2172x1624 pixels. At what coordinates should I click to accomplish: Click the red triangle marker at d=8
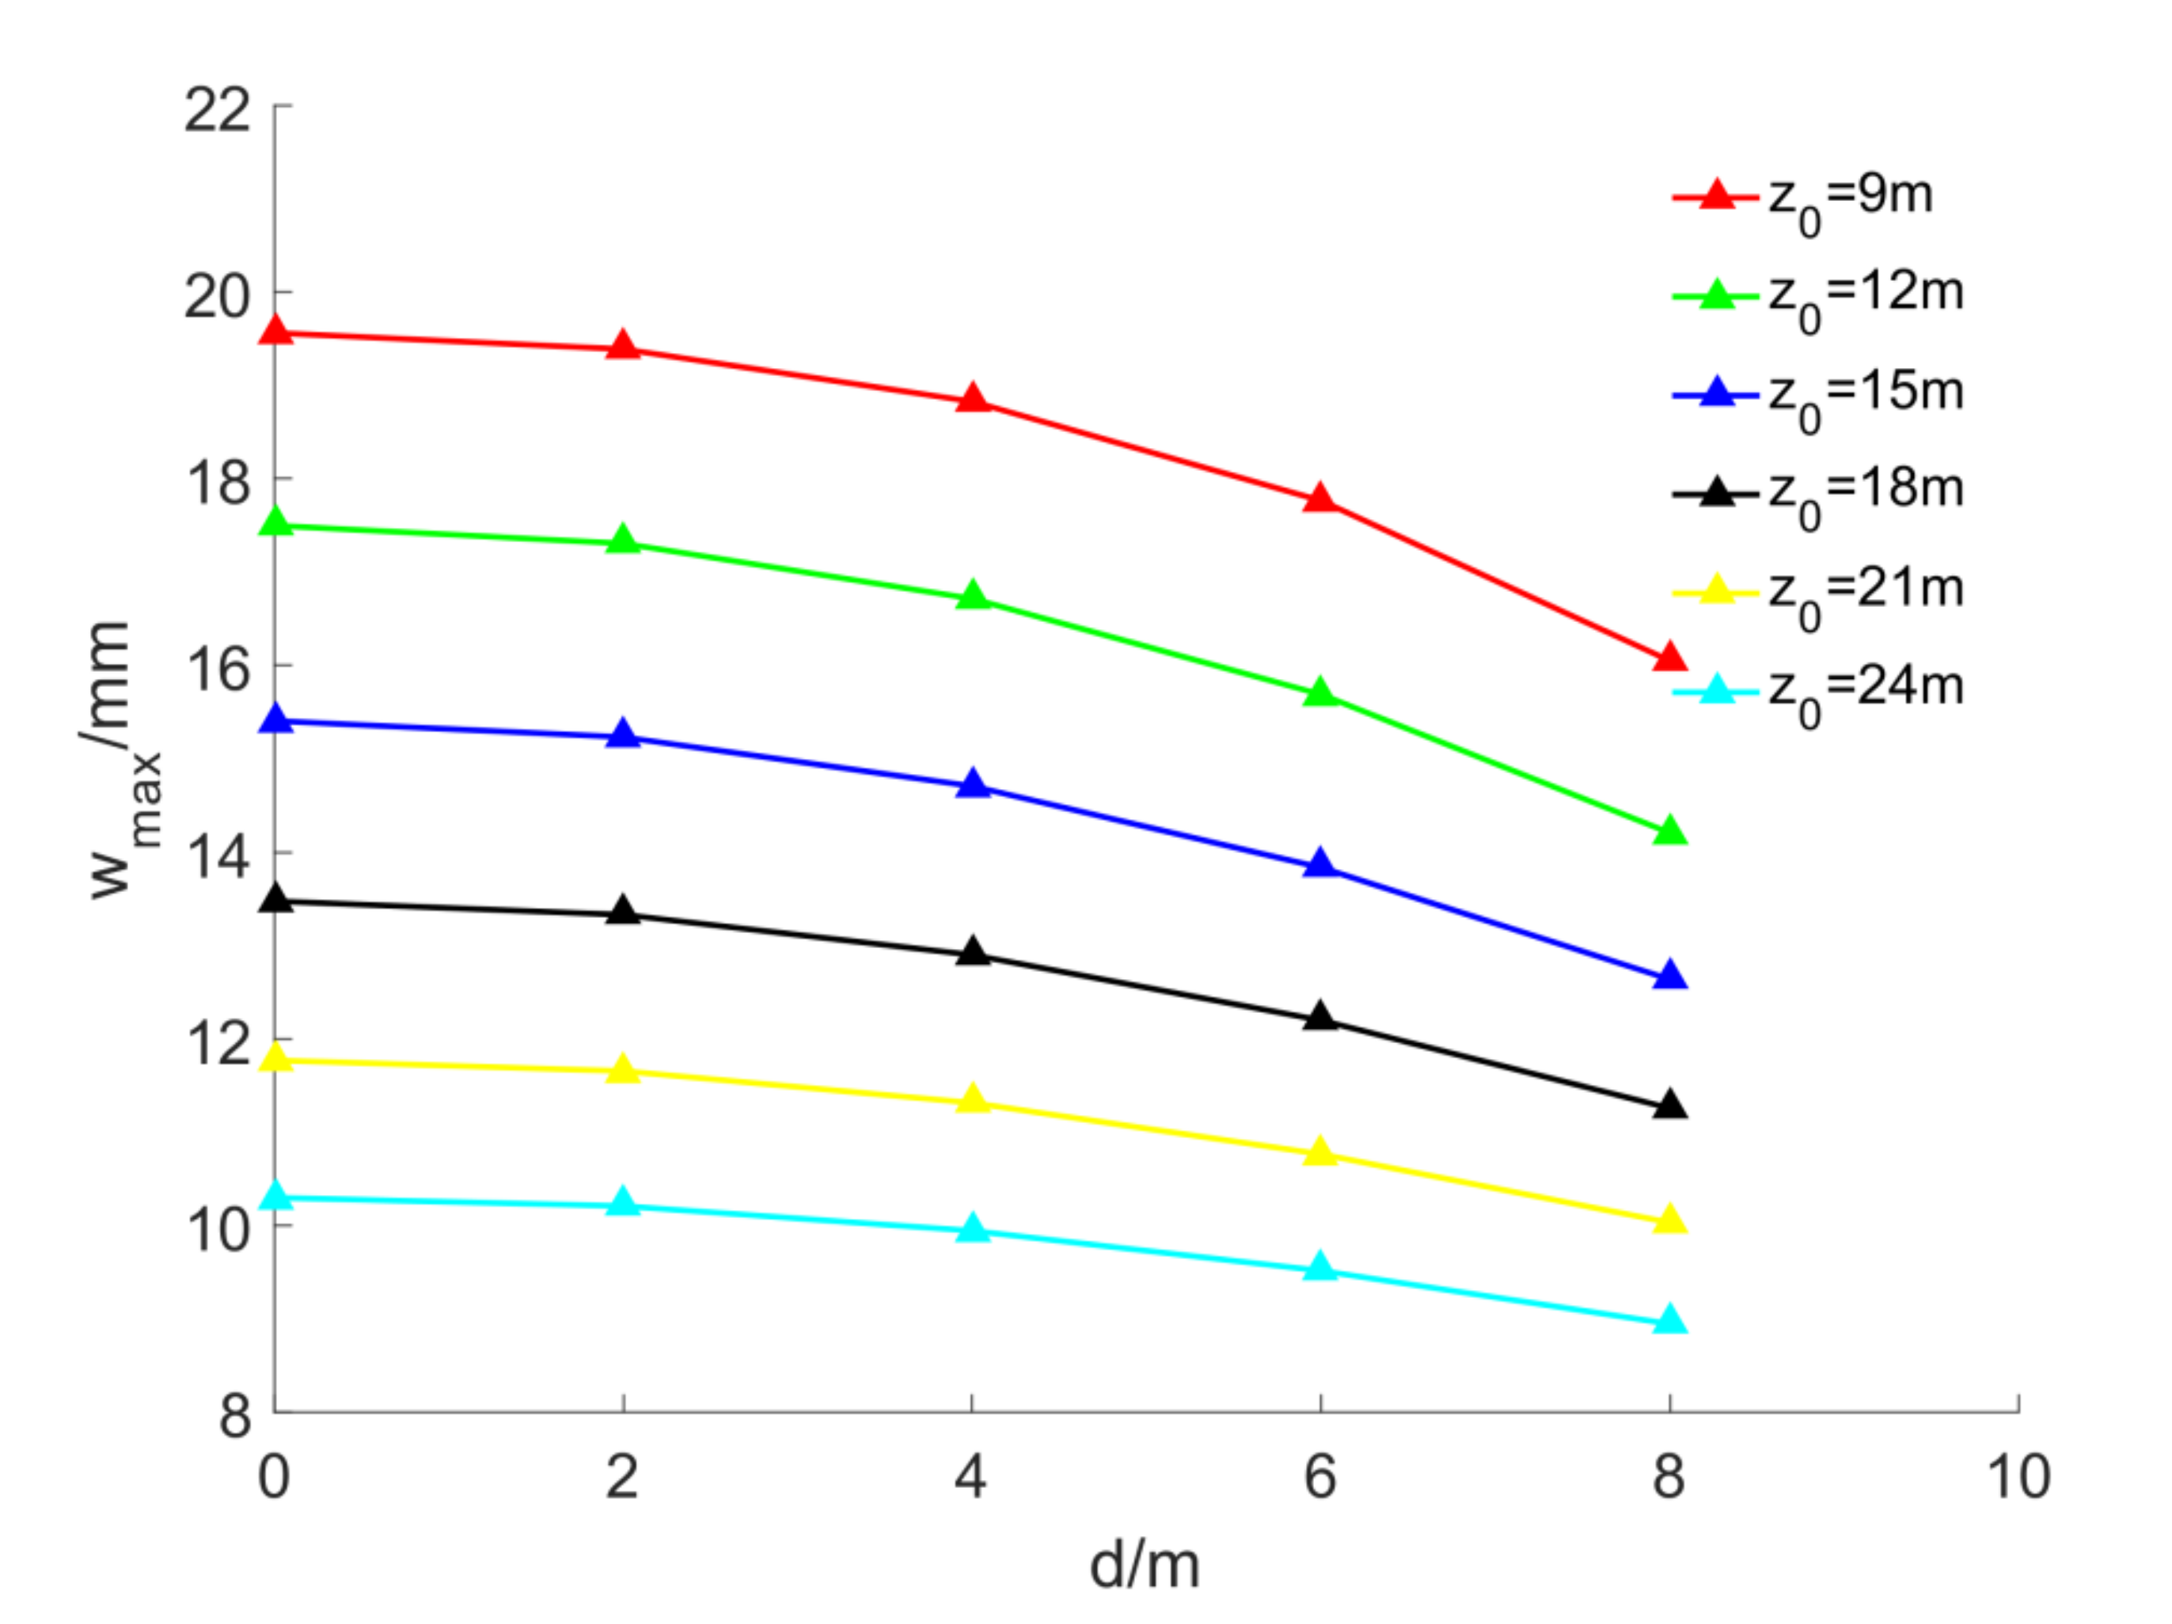pos(1669,658)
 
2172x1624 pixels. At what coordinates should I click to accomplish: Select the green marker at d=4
pos(972,596)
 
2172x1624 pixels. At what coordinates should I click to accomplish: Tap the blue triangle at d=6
pos(1320,864)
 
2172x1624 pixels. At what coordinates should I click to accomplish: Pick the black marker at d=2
pos(622,911)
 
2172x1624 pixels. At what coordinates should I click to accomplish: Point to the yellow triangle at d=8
pos(1669,1220)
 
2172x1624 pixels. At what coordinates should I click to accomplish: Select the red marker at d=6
pos(1320,498)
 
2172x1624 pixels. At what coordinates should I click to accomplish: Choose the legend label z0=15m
pos(1866,393)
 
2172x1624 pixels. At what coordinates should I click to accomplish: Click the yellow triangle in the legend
pos(1715,590)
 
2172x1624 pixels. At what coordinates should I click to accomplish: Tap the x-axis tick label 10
pos(2018,1476)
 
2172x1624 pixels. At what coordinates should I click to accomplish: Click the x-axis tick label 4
pos(971,1476)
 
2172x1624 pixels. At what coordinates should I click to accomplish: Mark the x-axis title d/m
pos(1145,1565)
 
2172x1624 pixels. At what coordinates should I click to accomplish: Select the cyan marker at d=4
pos(972,1228)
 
